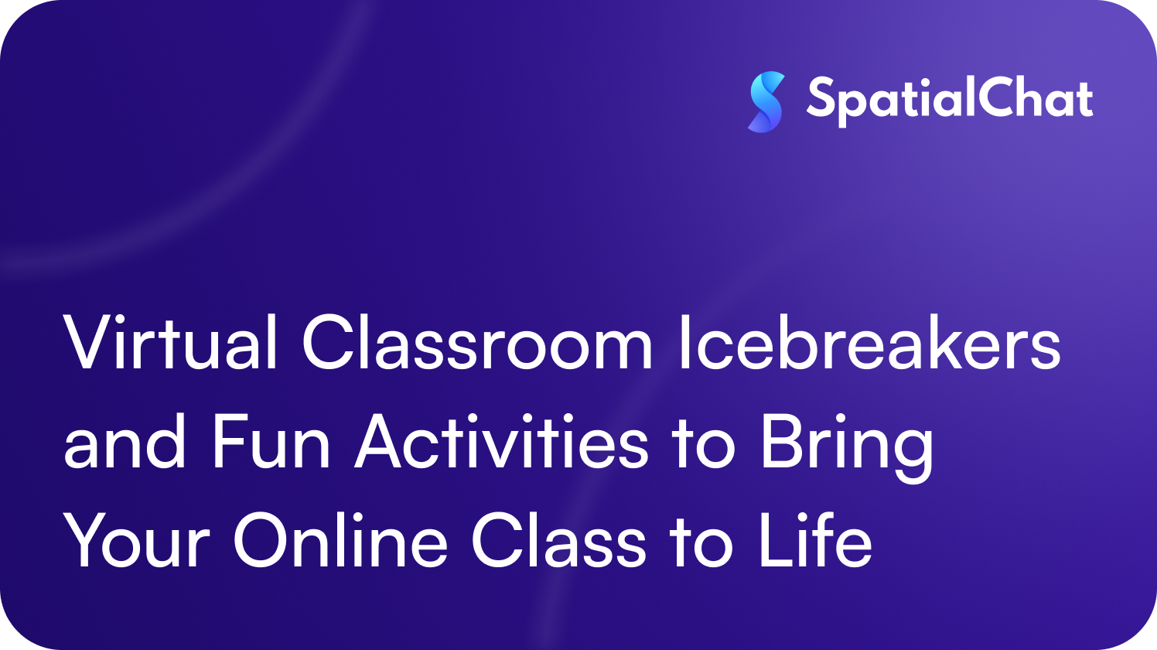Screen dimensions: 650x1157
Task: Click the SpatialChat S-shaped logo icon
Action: (766, 101)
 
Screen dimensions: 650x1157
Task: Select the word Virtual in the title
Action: (171, 344)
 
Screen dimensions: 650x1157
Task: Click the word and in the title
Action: (125, 443)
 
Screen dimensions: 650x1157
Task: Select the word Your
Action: (136, 542)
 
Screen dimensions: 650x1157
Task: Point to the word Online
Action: (340, 542)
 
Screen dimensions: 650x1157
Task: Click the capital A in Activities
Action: (381, 443)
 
